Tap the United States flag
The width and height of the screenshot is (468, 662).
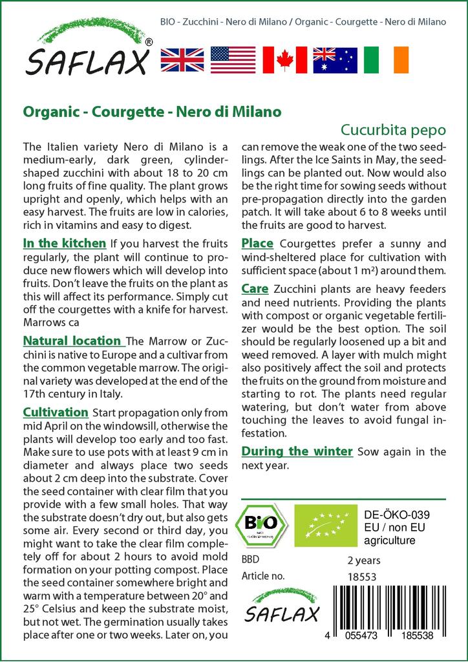(x=233, y=59)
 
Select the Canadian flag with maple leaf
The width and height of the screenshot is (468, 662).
(x=284, y=59)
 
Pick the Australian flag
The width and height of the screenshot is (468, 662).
(x=335, y=59)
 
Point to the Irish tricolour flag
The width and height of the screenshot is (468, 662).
(x=386, y=59)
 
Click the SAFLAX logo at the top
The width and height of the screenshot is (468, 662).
(x=88, y=52)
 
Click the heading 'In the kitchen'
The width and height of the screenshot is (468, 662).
(x=65, y=244)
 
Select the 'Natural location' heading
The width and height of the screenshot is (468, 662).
(x=73, y=341)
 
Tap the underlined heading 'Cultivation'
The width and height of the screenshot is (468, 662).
(x=56, y=412)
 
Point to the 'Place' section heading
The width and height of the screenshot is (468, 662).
(x=257, y=244)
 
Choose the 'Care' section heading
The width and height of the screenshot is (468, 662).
(x=255, y=289)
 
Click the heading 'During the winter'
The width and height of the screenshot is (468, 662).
(x=297, y=451)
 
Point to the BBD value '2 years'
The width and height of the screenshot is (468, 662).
(x=364, y=561)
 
